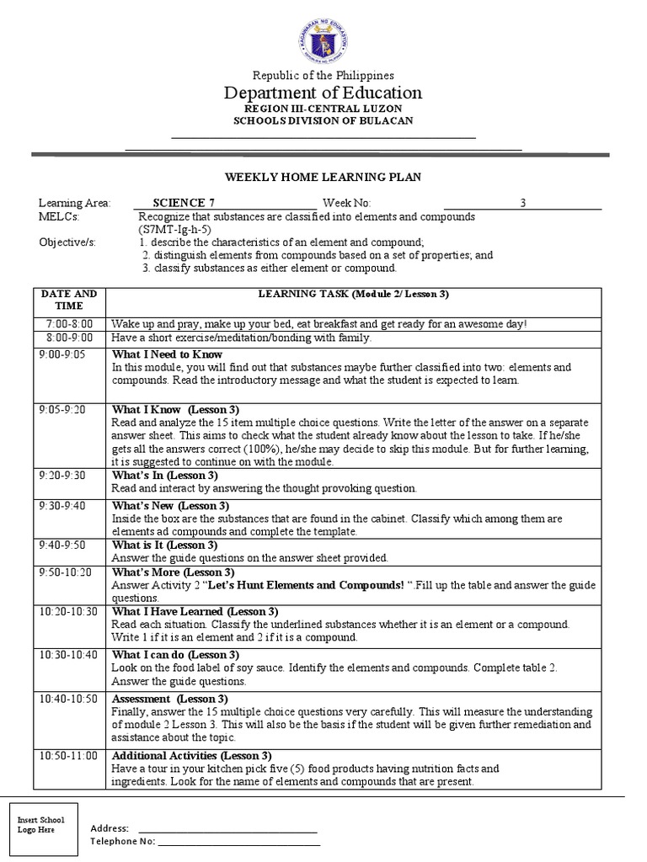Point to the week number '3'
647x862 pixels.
click(522, 203)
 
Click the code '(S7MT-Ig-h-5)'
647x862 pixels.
click(174, 229)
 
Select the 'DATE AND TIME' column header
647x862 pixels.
click(68, 300)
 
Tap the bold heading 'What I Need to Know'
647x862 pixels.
click(167, 354)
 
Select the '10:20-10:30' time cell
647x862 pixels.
click(68, 611)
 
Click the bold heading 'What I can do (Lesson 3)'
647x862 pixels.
click(175, 654)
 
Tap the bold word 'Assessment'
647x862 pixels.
click(140, 699)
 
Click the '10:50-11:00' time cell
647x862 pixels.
click(68, 755)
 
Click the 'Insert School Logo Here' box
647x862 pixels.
click(40, 825)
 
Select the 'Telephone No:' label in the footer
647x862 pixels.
click(122, 841)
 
